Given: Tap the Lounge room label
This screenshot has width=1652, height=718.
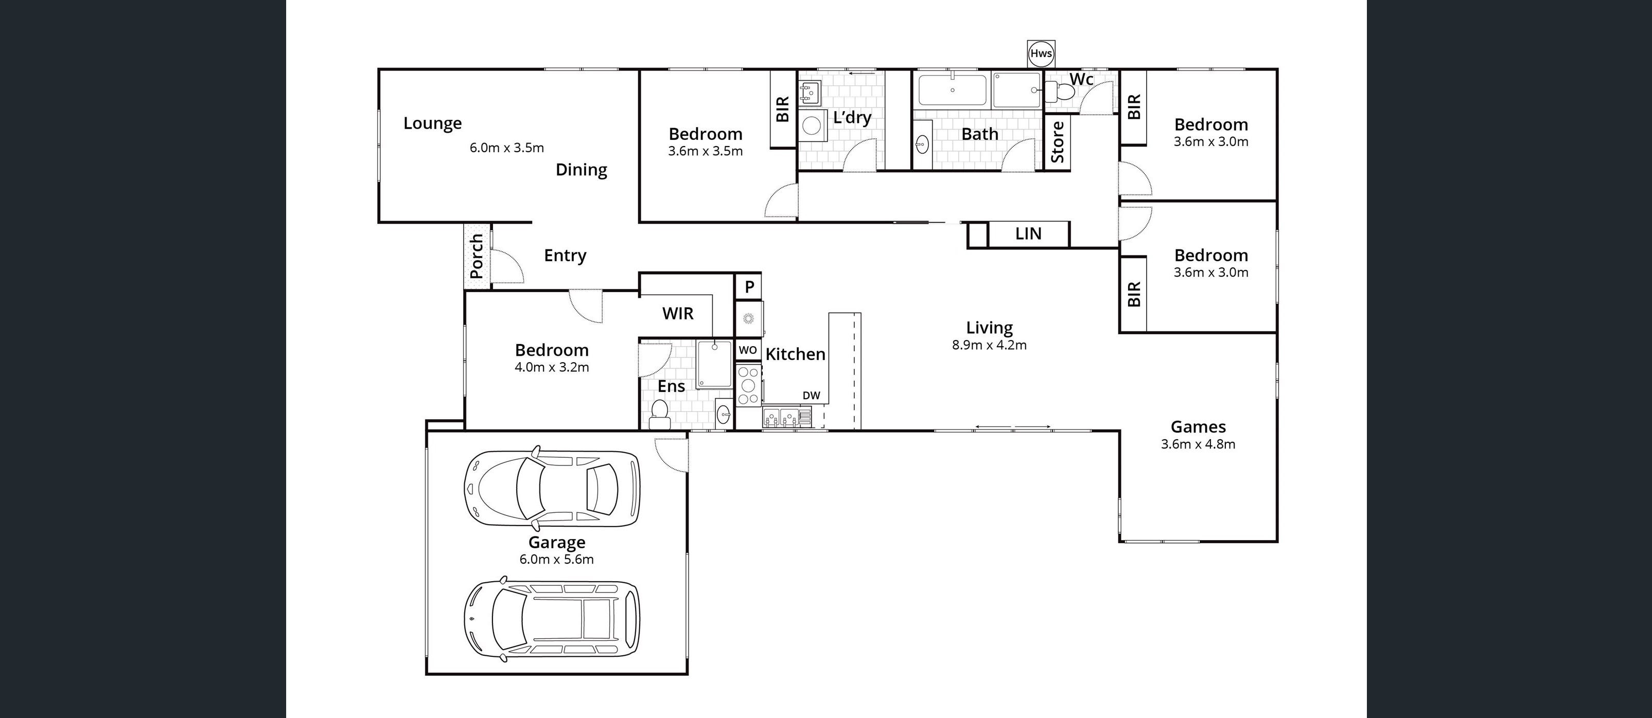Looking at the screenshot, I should pos(432,123).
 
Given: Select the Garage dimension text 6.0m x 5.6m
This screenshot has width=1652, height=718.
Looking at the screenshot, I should pos(557,559).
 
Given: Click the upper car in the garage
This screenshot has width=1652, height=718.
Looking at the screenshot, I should pos(552,489).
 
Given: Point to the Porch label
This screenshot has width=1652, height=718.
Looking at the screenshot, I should pos(477,256).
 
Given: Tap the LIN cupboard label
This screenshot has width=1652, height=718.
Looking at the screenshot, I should pos(1028,234).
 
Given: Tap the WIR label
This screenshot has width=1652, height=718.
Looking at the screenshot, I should pos(677,314).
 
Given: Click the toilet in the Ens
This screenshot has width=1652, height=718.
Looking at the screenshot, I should pos(659,414).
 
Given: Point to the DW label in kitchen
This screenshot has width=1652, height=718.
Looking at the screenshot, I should pos(811,396).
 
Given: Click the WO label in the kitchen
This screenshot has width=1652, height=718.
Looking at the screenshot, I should pos(748,350).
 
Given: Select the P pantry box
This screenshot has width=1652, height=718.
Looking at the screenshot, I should pos(748,286).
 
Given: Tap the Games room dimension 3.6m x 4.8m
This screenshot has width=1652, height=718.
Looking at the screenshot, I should pos(1198,444).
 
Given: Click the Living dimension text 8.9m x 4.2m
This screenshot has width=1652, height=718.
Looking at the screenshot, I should pos(989,345).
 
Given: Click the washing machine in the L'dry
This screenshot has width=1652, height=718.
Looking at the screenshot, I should pos(811,125).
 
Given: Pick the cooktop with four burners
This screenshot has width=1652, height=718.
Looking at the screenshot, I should pos(748,385).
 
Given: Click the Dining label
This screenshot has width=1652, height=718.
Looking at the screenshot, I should pos(581,170).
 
